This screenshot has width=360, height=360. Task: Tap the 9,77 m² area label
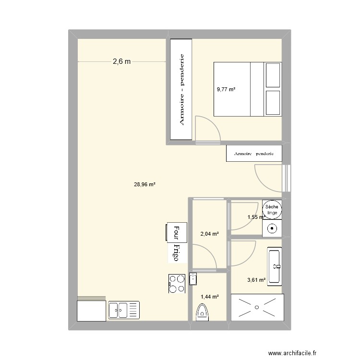tap(226, 89)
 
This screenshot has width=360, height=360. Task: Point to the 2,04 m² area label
tap(209, 234)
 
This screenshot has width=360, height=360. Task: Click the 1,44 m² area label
tap(209, 297)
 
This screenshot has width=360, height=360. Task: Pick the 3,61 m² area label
tap(256, 280)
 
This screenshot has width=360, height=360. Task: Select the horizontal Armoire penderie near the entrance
tap(254, 154)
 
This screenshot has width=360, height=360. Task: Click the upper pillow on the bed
tap(272, 74)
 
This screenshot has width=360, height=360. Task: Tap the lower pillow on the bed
tap(272, 102)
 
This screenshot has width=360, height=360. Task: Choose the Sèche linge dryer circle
tap(272, 209)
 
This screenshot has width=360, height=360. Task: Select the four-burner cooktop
tap(177, 283)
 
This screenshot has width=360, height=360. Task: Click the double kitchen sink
tap(124, 310)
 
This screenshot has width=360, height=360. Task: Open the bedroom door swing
tap(207, 128)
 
